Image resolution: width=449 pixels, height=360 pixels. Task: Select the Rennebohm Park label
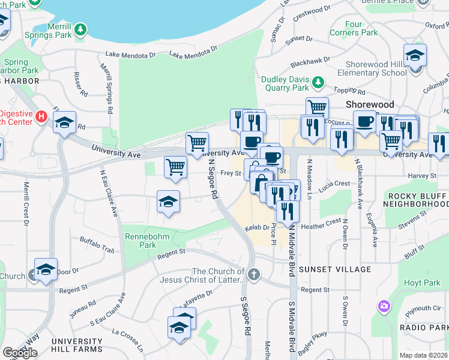(140, 241)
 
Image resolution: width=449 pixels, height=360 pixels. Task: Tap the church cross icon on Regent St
(254, 275)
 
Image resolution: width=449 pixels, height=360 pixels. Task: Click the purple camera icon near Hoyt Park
(384, 307)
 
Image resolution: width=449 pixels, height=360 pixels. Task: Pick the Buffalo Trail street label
(97, 244)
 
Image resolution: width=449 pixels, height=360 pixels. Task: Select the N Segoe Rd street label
(212, 178)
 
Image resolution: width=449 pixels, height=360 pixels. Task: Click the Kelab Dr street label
(257, 229)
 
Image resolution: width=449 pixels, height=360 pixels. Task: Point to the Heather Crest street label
(321, 225)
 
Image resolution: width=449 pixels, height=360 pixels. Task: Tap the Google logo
(20, 353)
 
